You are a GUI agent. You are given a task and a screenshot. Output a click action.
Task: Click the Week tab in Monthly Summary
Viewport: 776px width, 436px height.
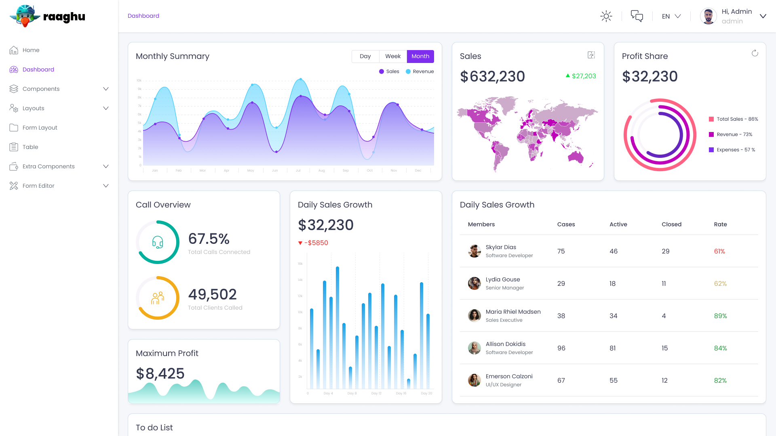tap(393, 57)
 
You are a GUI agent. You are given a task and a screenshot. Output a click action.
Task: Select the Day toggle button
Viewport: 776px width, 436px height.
tap(365, 57)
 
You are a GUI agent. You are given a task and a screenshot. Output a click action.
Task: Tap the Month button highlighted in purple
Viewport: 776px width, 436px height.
tap(420, 57)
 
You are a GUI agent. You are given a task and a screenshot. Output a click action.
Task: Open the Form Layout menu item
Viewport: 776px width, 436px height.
tap(40, 128)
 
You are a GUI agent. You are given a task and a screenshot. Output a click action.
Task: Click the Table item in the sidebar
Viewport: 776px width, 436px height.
tap(30, 147)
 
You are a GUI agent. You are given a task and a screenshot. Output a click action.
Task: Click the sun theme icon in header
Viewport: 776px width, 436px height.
tap(606, 16)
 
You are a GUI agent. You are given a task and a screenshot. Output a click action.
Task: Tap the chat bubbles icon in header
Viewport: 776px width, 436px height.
tap(637, 16)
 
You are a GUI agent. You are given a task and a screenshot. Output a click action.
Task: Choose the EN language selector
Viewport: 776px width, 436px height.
tap(671, 16)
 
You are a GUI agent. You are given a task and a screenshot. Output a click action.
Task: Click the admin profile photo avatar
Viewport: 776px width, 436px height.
tap(708, 16)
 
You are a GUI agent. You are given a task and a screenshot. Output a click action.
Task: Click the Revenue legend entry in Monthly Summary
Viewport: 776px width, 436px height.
tap(420, 71)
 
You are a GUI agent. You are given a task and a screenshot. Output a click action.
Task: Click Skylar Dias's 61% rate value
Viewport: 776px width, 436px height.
tap(719, 251)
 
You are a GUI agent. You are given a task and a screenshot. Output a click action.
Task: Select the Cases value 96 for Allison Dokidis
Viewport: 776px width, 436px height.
tap(561, 348)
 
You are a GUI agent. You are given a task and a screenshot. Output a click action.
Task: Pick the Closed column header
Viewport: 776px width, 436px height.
tap(671, 224)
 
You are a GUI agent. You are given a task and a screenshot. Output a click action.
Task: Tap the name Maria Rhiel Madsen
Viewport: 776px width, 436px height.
tap(513, 312)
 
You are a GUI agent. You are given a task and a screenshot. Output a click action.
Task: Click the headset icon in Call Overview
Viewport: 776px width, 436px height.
tap(158, 242)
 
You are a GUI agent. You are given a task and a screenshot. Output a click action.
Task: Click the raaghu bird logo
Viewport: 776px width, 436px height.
tap(25, 16)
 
